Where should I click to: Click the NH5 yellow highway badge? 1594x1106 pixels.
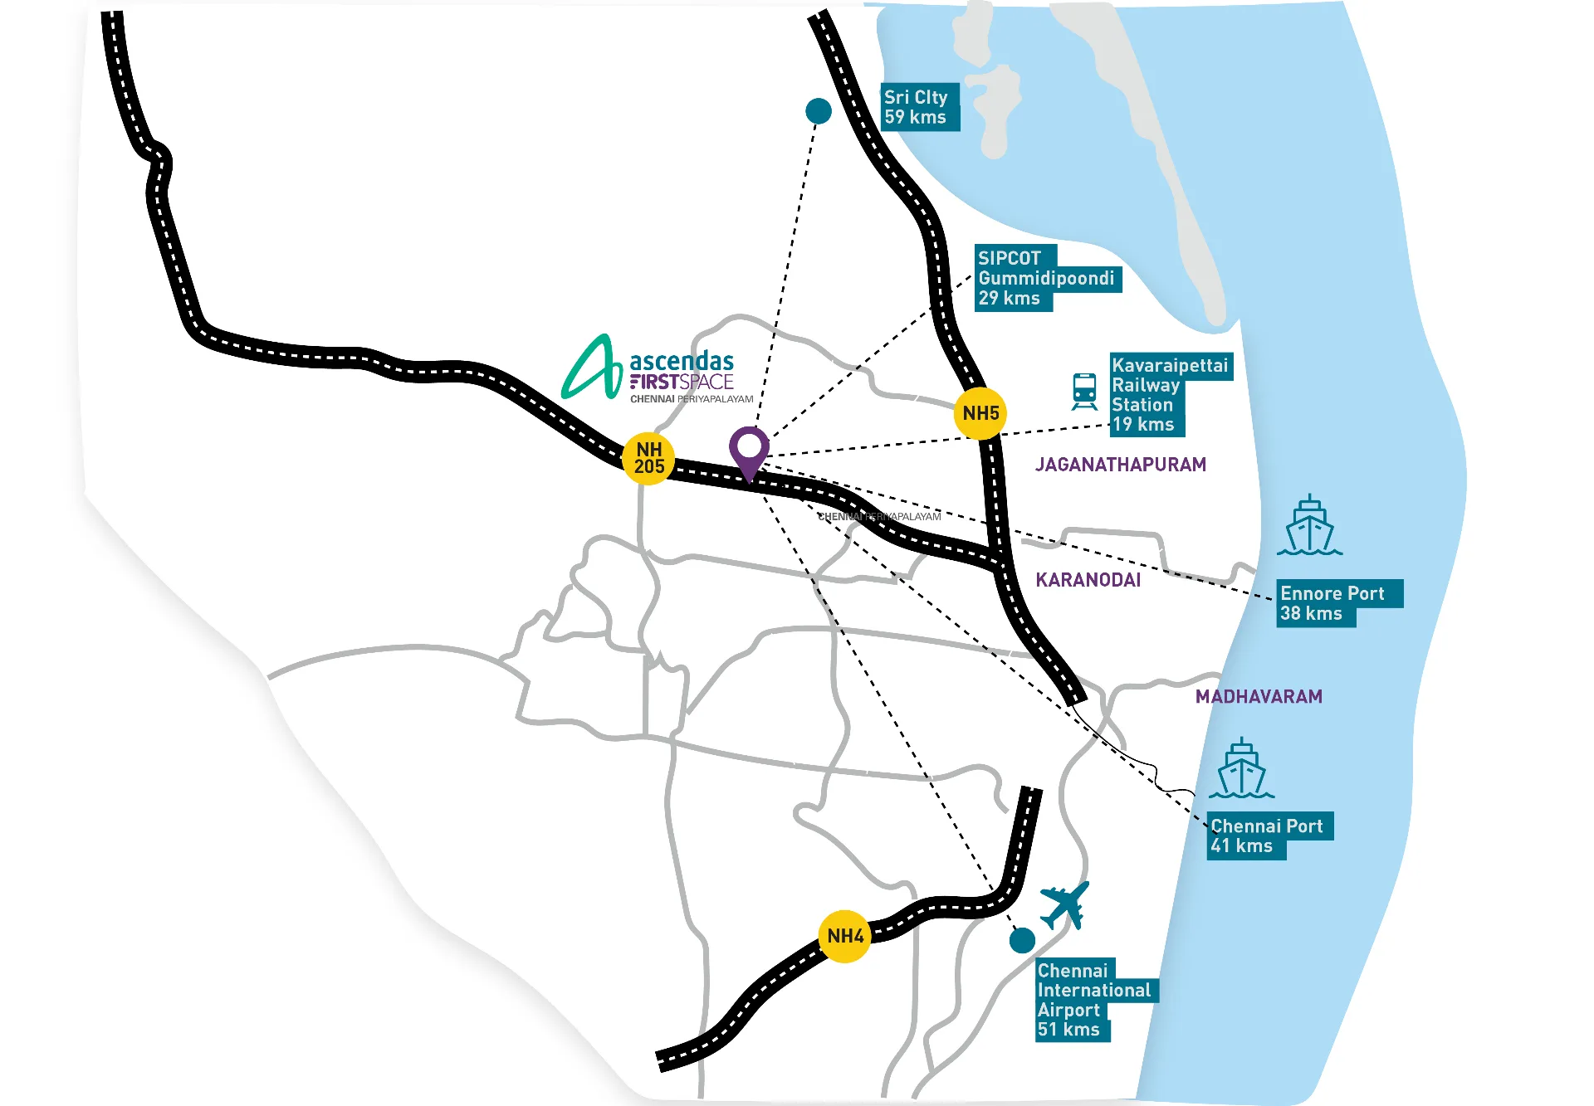980,413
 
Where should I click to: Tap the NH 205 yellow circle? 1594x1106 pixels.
648,458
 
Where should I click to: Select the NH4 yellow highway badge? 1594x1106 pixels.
844,936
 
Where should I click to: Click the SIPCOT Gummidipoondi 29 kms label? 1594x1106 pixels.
1048,278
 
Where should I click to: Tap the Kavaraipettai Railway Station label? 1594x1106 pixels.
1171,395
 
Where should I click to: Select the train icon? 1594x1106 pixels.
1084,391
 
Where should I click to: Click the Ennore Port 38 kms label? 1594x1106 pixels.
1339,603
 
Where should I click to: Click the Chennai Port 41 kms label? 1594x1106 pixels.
1270,836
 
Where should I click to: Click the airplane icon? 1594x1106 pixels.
1065,905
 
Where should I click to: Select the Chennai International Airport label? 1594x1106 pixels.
1097,1000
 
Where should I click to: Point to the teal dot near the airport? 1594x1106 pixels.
1022,940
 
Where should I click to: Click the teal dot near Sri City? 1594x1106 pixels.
819,110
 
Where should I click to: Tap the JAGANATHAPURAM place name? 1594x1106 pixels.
1121,465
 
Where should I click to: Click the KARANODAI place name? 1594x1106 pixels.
1088,580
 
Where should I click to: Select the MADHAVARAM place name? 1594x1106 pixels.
1259,697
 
